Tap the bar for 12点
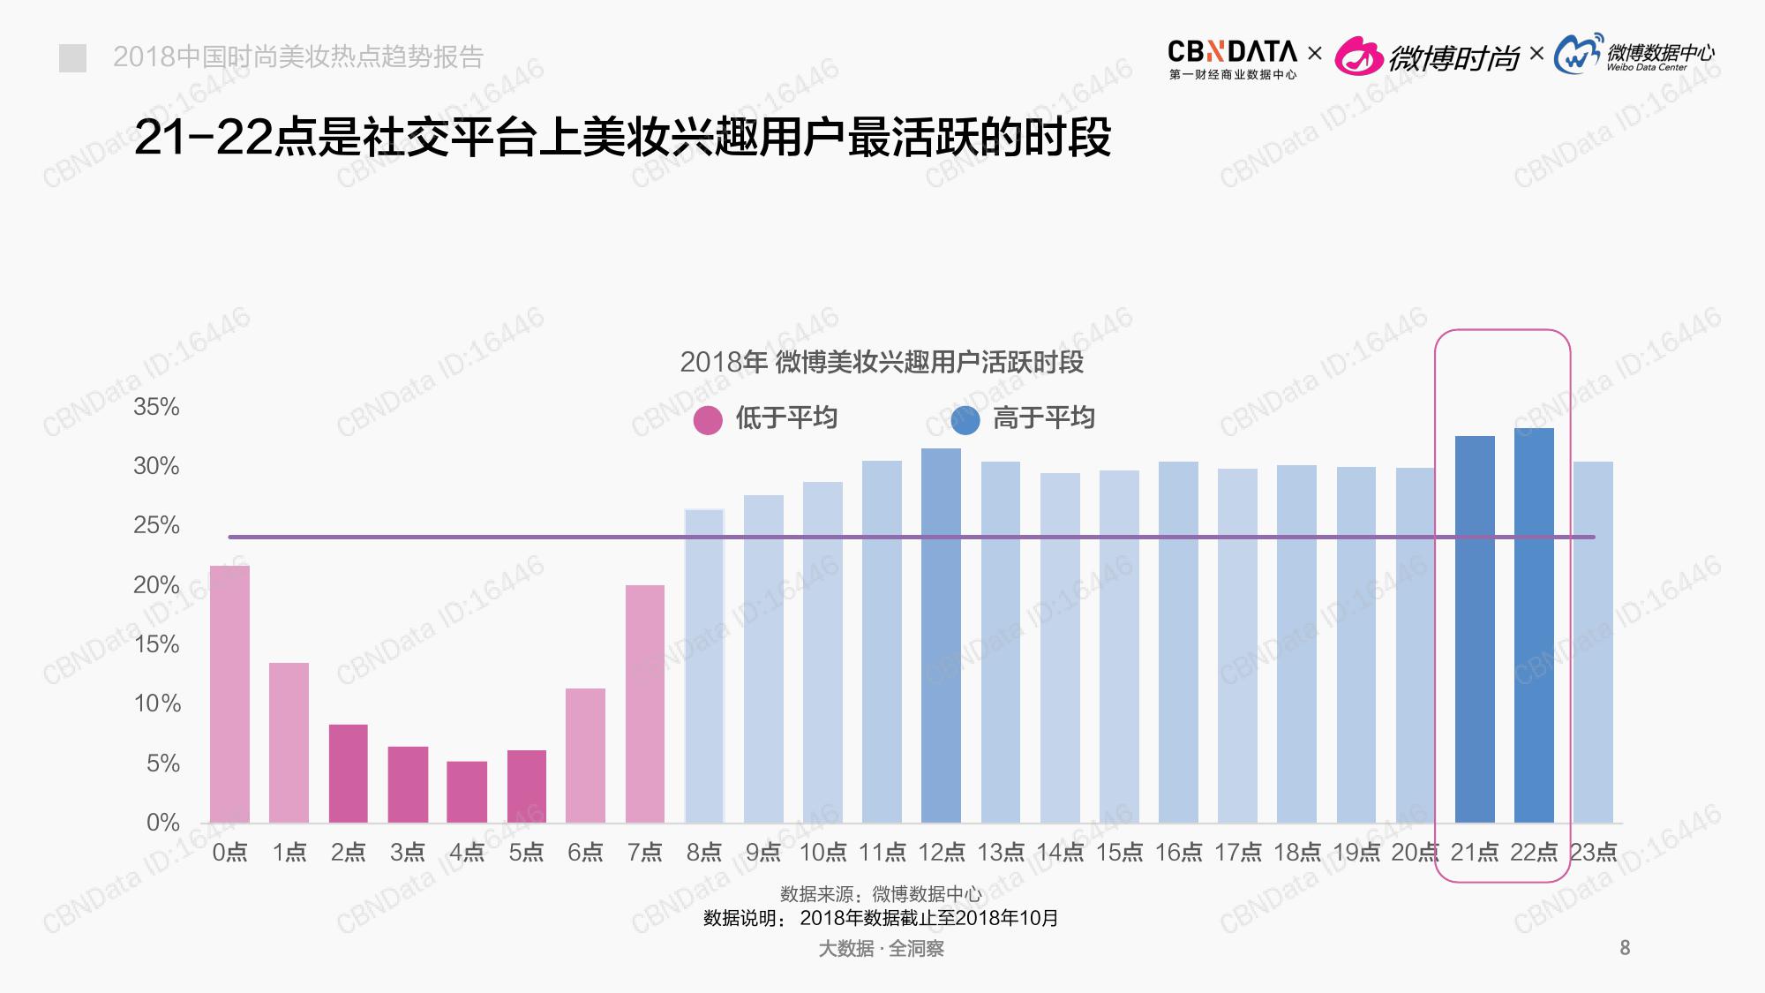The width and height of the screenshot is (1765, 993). click(941, 636)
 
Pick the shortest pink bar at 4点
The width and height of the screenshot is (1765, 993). click(467, 792)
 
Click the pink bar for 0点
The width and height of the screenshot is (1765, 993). click(229, 694)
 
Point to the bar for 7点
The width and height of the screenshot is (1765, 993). click(644, 703)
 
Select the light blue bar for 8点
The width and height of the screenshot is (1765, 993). click(703, 666)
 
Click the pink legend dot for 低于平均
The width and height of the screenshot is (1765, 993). click(708, 420)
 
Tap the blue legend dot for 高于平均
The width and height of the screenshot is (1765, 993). click(965, 420)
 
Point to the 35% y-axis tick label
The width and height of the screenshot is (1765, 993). click(156, 407)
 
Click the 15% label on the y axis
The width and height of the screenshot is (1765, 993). click(156, 644)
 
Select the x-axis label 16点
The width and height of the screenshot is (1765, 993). click(1178, 852)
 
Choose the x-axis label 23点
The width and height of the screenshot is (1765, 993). click(1593, 852)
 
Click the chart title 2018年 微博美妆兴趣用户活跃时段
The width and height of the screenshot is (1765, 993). click(881, 362)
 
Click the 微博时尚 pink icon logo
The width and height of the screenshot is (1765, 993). click(1358, 57)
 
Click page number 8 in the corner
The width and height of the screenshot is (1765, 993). click(1625, 948)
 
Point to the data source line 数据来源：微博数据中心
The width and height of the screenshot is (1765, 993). click(881, 894)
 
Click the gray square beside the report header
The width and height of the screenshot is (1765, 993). click(72, 58)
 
